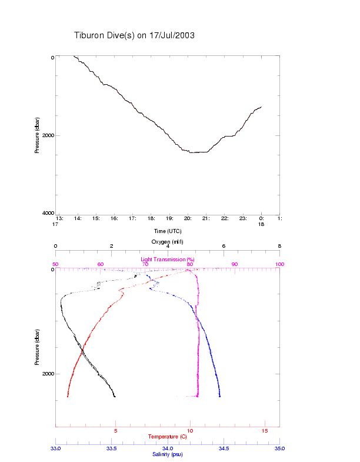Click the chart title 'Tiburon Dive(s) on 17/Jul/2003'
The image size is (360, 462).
click(x=134, y=36)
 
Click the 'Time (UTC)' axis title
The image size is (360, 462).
click(x=168, y=231)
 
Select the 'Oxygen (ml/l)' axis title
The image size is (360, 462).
click(x=168, y=242)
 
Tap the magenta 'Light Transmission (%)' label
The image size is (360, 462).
click(x=168, y=260)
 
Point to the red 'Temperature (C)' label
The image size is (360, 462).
click(x=168, y=437)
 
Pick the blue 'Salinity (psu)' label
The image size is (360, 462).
click(x=168, y=454)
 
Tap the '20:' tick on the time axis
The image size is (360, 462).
click(x=188, y=218)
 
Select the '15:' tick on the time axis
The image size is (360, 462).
click(x=96, y=218)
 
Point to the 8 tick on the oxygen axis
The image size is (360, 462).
click(x=279, y=247)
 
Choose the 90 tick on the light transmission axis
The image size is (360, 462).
click(x=235, y=264)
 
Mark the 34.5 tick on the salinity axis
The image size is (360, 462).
click(x=224, y=448)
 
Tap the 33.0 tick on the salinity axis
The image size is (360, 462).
click(x=55, y=448)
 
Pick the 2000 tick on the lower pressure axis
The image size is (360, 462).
click(x=48, y=374)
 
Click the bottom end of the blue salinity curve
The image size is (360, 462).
click(x=219, y=397)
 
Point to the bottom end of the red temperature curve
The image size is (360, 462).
click(x=68, y=397)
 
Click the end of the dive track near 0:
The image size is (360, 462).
click(x=261, y=107)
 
